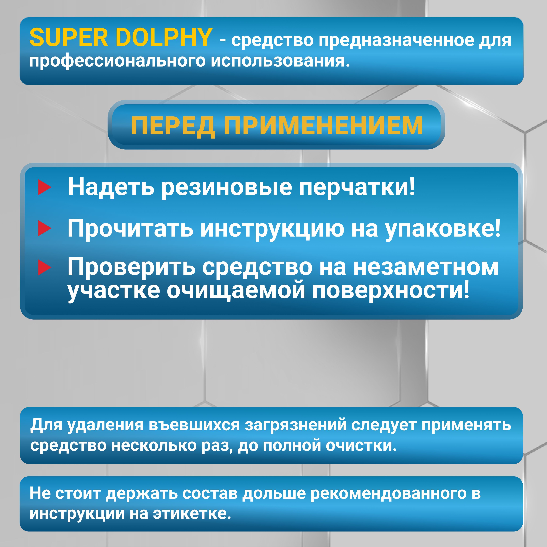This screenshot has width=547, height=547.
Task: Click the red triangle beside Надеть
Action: (44, 188)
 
